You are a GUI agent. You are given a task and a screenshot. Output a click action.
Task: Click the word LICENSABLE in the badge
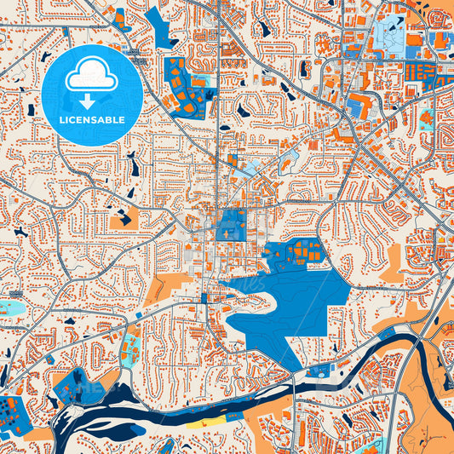point(94,120)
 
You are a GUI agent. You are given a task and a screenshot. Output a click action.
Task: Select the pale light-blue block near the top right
point(388,34)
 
